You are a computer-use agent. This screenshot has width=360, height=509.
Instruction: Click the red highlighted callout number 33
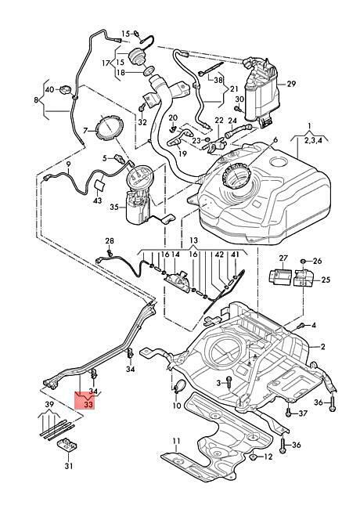tap(88, 405)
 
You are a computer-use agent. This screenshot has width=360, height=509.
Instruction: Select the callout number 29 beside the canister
tap(291, 84)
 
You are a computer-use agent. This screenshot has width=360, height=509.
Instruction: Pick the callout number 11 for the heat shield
tap(176, 441)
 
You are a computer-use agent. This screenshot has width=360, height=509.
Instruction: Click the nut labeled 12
tap(254, 457)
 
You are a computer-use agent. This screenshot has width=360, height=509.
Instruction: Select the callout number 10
tap(177, 406)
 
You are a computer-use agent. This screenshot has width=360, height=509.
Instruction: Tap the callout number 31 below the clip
tap(68, 466)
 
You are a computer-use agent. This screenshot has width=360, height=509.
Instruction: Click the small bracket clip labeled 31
tap(67, 445)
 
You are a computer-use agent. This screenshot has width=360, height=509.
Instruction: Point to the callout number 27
tap(283, 258)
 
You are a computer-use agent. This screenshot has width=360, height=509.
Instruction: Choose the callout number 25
tap(326, 280)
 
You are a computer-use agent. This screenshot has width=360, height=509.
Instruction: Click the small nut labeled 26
tap(303, 261)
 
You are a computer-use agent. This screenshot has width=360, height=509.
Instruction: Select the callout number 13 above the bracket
tap(193, 240)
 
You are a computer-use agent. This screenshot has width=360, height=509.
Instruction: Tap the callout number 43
tap(97, 200)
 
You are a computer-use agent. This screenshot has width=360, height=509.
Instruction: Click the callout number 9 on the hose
tap(68, 164)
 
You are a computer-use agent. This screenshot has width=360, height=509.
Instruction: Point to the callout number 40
tap(49, 89)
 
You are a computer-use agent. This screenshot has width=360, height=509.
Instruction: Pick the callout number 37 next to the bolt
tap(303, 413)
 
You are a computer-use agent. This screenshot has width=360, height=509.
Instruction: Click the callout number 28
tap(110, 241)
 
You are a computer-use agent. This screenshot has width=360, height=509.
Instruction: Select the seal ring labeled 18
tap(149, 70)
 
